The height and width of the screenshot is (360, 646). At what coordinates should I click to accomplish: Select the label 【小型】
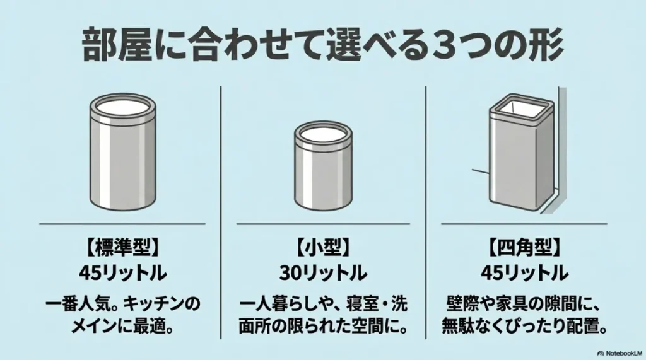[x=323, y=248]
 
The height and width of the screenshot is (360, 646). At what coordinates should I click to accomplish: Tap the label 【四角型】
[x=524, y=248]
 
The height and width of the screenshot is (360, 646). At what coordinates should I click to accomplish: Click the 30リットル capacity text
[x=323, y=272]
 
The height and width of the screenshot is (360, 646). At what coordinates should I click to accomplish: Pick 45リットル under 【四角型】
[x=524, y=272]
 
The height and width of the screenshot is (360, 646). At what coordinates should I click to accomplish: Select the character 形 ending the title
[x=547, y=46]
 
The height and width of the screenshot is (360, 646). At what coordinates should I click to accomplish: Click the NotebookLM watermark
[x=620, y=353]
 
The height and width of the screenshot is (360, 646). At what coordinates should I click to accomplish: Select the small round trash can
[x=324, y=165]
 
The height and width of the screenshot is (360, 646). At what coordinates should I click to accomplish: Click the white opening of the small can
[x=324, y=134]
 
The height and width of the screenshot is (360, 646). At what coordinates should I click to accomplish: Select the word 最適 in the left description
[x=149, y=327]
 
